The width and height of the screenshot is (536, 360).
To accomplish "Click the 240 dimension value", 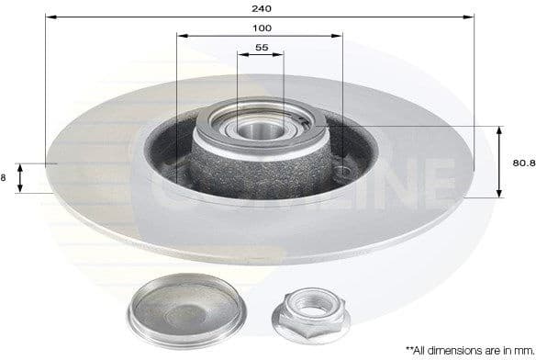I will point(260,7).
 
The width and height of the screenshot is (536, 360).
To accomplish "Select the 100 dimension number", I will point(261,28).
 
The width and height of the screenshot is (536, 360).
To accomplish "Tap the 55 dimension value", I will point(261,47).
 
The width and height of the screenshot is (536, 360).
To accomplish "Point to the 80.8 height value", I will point(522,163).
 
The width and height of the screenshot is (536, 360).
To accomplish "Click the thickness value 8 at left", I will point(5,178).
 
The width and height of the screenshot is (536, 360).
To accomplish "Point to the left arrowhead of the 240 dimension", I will point(49,17).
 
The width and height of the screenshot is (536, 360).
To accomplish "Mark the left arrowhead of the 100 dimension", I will point(180,36).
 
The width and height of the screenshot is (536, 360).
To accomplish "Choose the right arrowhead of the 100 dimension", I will point(340,36).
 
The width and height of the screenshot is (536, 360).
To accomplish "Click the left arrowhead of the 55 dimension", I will point(240,55).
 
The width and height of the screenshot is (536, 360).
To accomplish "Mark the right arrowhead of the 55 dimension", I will point(281,55).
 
